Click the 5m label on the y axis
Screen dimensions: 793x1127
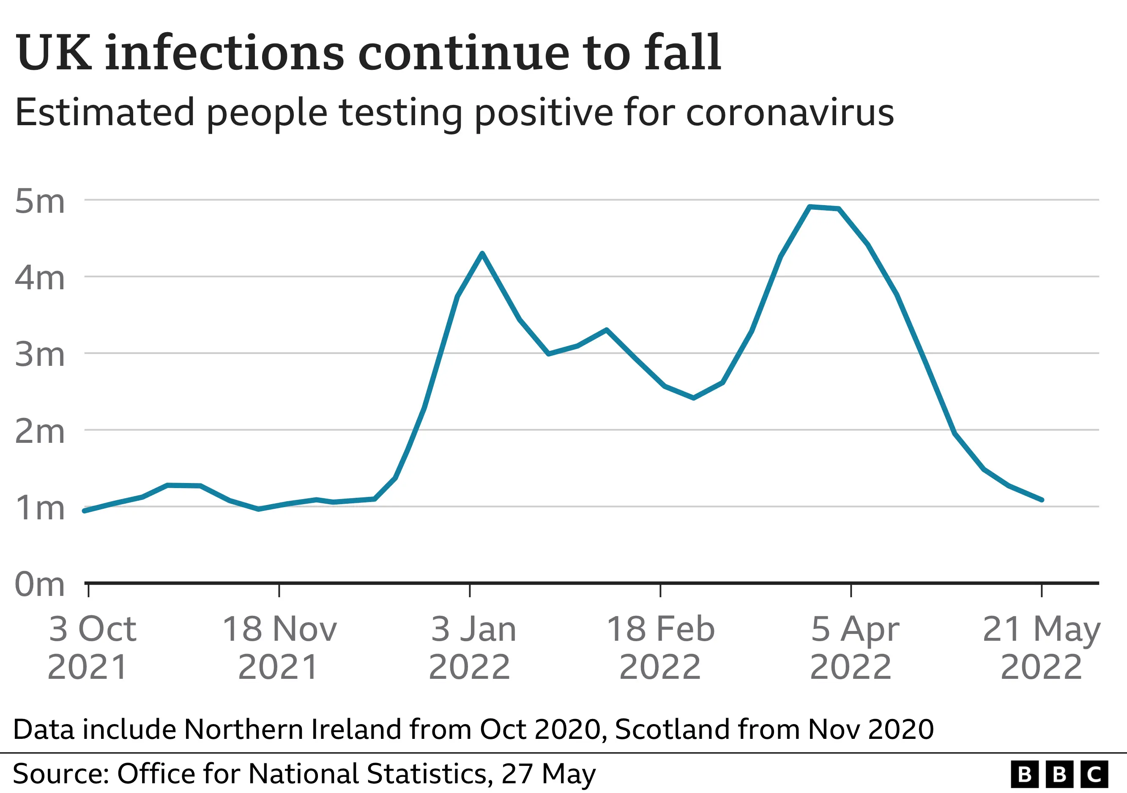(x=40, y=201)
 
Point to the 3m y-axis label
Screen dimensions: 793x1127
(x=40, y=354)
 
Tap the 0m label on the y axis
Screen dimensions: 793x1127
(x=40, y=584)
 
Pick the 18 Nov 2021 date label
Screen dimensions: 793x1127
(x=279, y=647)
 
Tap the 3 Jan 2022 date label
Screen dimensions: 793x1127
(x=472, y=647)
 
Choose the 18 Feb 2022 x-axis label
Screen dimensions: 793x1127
(x=660, y=647)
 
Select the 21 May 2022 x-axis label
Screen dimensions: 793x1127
(x=1041, y=647)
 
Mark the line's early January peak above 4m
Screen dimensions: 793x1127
(x=482, y=253)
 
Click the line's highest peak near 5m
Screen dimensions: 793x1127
(x=810, y=207)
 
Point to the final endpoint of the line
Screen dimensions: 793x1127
(x=1041, y=499)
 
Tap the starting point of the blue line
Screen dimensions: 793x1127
(x=85, y=510)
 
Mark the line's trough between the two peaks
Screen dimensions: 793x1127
(x=693, y=398)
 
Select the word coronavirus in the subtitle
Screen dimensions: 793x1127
(x=789, y=113)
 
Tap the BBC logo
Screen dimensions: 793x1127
(x=1059, y=774)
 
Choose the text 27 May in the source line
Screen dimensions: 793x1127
(x=548, y=774)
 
